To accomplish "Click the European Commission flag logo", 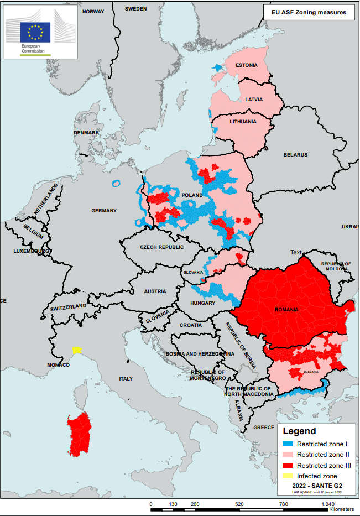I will tap(36, 32).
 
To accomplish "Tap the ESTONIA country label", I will tap(247, 65).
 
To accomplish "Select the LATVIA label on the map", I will tap(254, 100).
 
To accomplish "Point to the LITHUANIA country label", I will tap(243, 122).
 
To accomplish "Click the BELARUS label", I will tap(295, 155).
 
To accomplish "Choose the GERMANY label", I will tap(104, 211).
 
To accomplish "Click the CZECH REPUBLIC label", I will tap(161, 247).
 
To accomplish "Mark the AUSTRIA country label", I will tap(155, 291).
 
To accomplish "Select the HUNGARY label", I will tap(202, 303).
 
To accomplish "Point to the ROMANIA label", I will tap(286, 310).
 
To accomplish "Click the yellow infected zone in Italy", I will tap(77, 350).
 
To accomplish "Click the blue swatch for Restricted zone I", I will tap(287, 444).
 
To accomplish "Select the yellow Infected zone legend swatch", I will tap(287, 476).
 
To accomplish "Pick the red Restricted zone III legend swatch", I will tap(287, 465).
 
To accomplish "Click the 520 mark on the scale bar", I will tap(239, 505).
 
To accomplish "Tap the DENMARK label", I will tap(86, 133).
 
